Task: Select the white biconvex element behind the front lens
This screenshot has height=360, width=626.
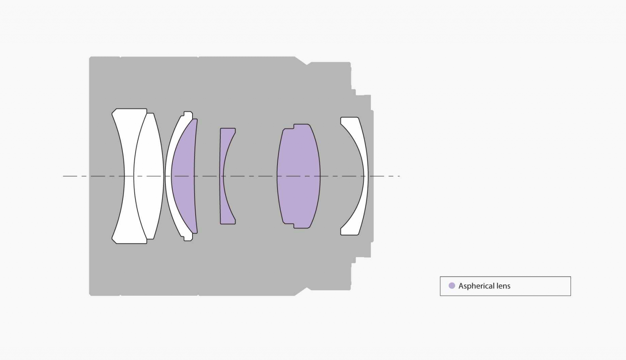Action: [x=149, y=176]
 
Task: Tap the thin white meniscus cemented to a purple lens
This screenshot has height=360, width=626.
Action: [x=169, y=176]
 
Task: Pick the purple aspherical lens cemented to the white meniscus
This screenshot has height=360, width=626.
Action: [x=183, y=176]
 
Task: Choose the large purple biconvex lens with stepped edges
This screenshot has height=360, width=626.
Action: [x=299, y=176]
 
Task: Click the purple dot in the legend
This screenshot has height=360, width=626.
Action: [x=452, y=286]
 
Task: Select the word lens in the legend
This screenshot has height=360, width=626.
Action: [x=503, y=286]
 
